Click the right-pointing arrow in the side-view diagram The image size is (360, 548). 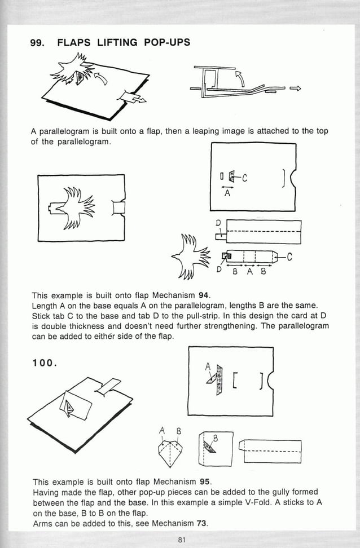tap(296, 89)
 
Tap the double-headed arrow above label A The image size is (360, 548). tap(227, 186)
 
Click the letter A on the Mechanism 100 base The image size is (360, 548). tap(208, 366)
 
